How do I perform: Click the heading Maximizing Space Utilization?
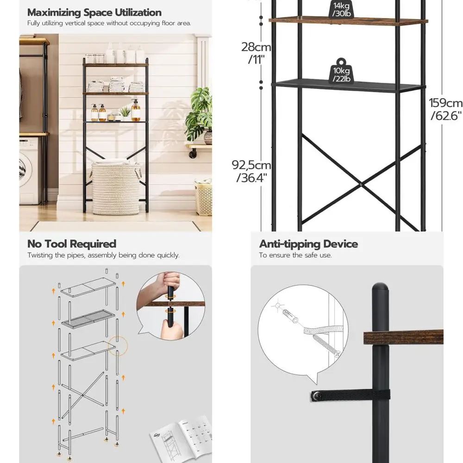pos(94,13)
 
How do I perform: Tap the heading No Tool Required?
pos(72,244)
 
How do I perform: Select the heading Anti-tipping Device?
pos(308,244)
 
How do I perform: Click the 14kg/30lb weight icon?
pos(342,9)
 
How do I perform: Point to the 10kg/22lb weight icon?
pos(341,71)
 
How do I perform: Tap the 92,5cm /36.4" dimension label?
pos(251,171)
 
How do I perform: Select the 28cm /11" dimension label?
pos(256,52)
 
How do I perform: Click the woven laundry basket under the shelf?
pos(116,188)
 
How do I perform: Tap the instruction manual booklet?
pos(181,438)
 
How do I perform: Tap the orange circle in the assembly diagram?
pos(118,346)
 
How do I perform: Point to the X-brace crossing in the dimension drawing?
pos(360,185)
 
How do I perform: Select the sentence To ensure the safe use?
pos(295,255)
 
